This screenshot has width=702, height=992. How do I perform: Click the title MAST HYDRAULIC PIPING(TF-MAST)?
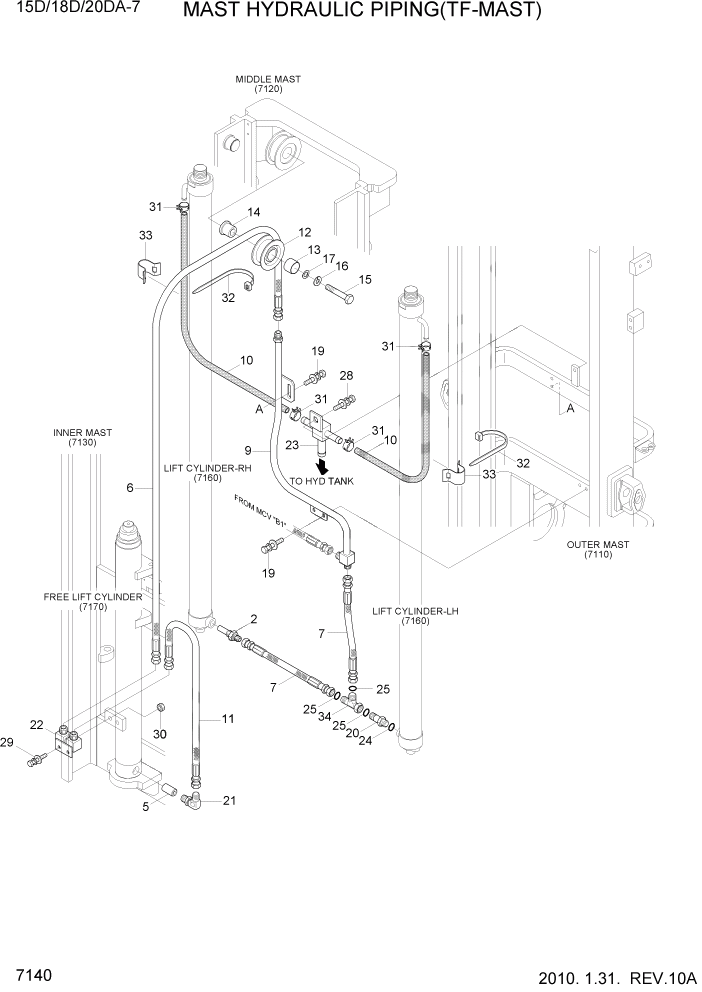(363, 12)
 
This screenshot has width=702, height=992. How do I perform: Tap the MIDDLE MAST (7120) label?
(268, 84)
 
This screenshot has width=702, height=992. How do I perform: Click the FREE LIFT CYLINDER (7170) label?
(93, 602)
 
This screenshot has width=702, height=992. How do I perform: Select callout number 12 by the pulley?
(304, 232)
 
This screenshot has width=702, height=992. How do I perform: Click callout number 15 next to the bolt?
(364, 280)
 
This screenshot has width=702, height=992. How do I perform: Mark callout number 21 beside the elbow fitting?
(229, 800)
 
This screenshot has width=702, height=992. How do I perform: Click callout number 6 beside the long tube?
(130, 488)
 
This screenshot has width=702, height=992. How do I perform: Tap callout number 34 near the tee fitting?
(325, 717)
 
